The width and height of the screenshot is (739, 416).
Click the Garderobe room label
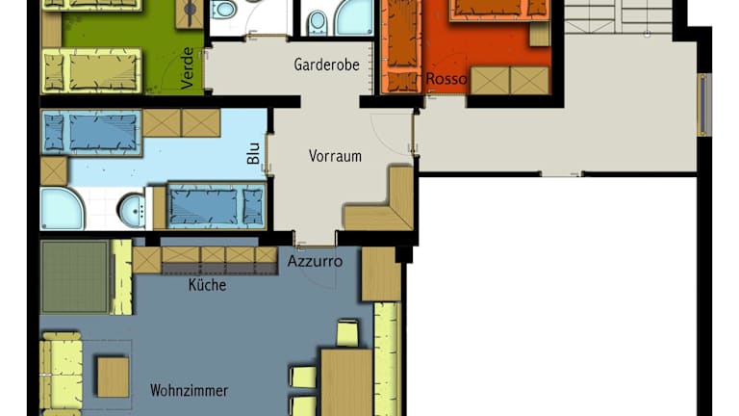coord(326,65)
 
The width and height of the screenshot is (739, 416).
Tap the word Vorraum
coord(335,156)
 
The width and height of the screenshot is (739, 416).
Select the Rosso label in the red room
coord(446,79)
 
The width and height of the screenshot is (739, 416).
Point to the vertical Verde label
coord(188,68)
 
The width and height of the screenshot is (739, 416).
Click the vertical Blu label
coord(254,153)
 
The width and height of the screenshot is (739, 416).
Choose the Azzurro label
coord(315,261)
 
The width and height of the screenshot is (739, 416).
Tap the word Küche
coord(208,285)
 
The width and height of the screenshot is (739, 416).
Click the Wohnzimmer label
coord(189,391)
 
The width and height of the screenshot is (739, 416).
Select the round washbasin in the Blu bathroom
coord(132,209)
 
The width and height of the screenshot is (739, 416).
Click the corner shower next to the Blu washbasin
coord(62,208)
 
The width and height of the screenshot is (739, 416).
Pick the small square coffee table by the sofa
coord(114,377)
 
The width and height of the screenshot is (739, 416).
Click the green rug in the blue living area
coord(75,277)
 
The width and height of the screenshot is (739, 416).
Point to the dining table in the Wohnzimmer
coord(346,382)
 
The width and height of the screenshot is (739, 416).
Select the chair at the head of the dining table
coord(347,333)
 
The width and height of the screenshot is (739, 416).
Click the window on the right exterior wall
coord(702,105)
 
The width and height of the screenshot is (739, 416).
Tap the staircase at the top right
coord(619,17)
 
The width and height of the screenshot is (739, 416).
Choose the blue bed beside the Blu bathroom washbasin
coord(216,206)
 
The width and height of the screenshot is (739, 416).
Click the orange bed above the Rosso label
coord(499,11)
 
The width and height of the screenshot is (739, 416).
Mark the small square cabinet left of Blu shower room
coord(54,170)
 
